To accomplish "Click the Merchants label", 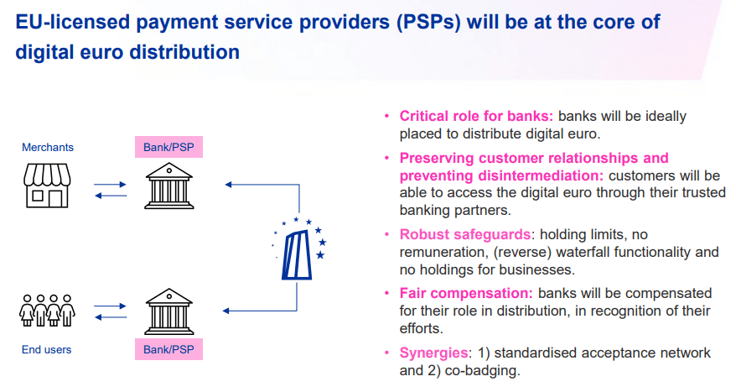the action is click(x=48, y=148).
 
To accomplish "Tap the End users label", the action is click(x=47, y=349).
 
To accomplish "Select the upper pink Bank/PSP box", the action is click(x=168, y=148).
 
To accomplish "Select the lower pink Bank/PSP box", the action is click(x=168, y=349).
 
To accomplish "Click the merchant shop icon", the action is click(x=47, y=186).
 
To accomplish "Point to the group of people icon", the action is click(x=47, y=310).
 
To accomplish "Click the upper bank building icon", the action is click(x=168, y=186).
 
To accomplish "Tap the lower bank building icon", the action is click(x=168, y=311).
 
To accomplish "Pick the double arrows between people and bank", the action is click(x=109, y=311).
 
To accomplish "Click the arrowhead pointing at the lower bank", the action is click(x=227, y=311).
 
